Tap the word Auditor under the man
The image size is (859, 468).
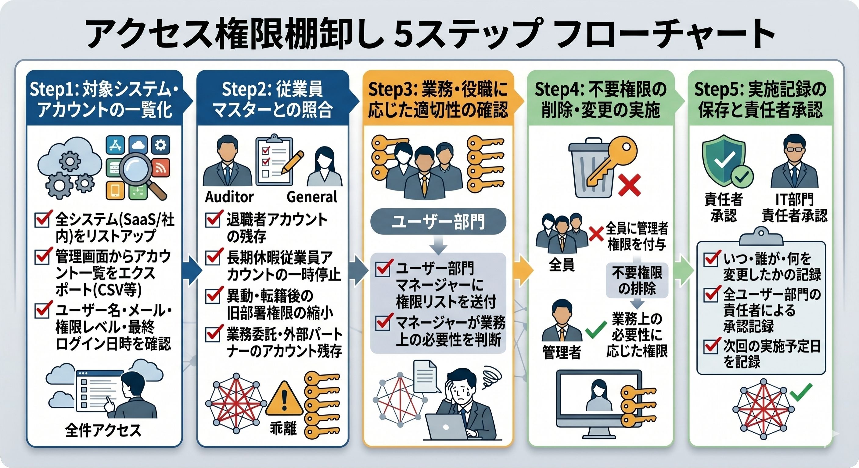(229, 197)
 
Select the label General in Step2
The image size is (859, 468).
(312, 197)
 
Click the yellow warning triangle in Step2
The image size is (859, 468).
(284, 399)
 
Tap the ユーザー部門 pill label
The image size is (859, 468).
(438, 222)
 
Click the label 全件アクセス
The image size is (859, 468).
(103, 430)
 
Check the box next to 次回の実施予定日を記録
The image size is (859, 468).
(710, 347)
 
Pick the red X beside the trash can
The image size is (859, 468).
(629, 185)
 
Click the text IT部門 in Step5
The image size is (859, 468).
(794, 200)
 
